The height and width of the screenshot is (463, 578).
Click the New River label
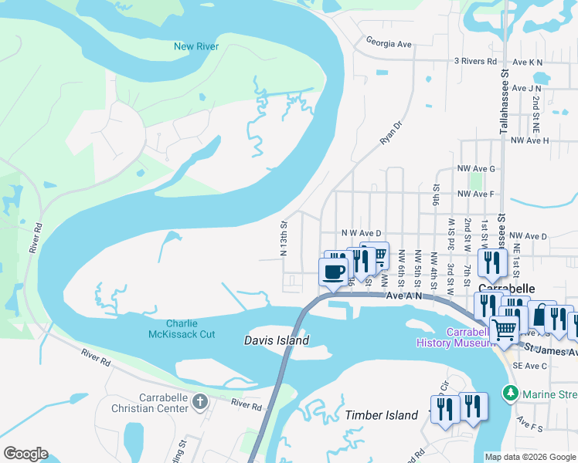pos(196,46)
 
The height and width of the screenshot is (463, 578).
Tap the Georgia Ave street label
pos(389,44)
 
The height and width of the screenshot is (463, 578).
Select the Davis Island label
pos(277,340)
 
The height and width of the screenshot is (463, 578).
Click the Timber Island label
pos(382,415)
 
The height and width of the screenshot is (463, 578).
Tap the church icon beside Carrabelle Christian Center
pos(200,401)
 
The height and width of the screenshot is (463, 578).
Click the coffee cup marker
pos(334,272)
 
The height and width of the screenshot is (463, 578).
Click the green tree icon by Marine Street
pos(510,394)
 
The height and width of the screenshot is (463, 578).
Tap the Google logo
pos(26,454)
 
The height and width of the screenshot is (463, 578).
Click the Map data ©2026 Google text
pos(529,457)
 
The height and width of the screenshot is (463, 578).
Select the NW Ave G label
pos(475,168)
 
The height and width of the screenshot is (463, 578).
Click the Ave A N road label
pos(404,296)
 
